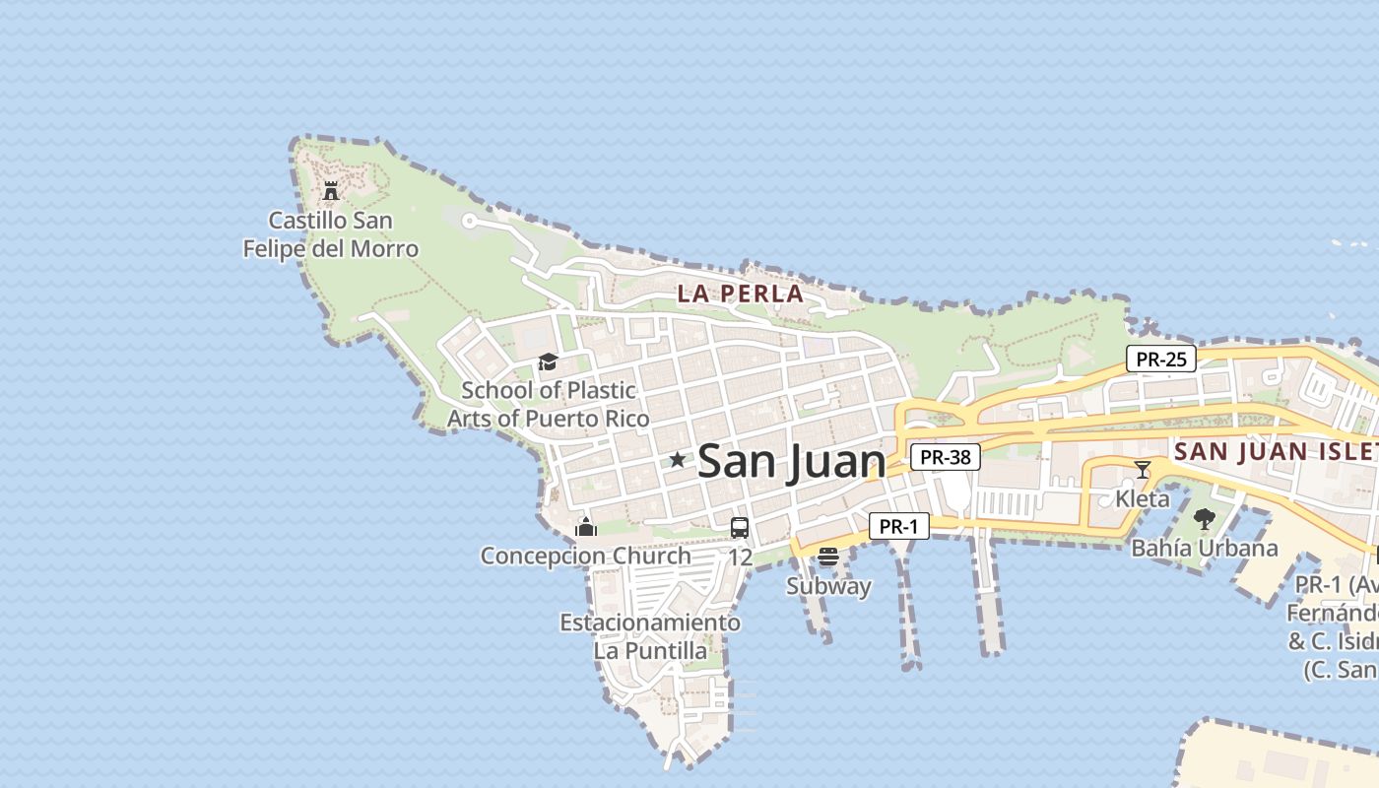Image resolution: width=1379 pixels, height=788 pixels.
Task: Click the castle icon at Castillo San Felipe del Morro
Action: point(331,190)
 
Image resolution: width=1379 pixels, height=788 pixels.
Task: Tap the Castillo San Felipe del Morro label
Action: point(331,234)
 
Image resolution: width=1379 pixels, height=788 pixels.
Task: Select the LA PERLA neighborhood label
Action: point(741,294)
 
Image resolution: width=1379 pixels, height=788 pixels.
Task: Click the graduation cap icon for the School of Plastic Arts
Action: point(548,362)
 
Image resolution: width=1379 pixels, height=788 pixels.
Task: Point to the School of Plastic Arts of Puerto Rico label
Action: point(549,404)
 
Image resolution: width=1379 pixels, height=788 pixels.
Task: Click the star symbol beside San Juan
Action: point(678,460)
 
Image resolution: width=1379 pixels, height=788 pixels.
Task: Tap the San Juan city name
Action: point(791,462)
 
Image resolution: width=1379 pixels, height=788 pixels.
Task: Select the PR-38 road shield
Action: point(946,457)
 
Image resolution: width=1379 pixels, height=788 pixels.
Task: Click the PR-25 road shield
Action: point(1161,360)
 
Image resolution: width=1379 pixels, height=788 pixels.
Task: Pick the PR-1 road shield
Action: point(898,527)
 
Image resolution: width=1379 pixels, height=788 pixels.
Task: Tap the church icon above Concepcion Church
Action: point(586,527)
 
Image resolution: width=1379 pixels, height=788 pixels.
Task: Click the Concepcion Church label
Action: point(585,556)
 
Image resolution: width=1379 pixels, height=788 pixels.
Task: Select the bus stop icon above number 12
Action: point(740,528)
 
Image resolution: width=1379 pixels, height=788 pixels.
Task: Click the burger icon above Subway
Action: point(828,557)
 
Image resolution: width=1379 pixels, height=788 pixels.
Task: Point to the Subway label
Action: point(828,586)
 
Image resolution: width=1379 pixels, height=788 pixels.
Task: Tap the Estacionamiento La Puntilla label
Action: point(650,636)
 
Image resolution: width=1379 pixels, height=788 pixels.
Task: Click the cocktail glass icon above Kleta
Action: point(1143,470)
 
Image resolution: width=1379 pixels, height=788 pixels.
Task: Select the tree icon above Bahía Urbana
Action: point(1204,519)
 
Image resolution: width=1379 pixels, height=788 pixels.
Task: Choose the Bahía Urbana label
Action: point(1204,548)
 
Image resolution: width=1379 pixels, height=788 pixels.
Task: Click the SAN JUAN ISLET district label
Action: point(1277,452)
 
